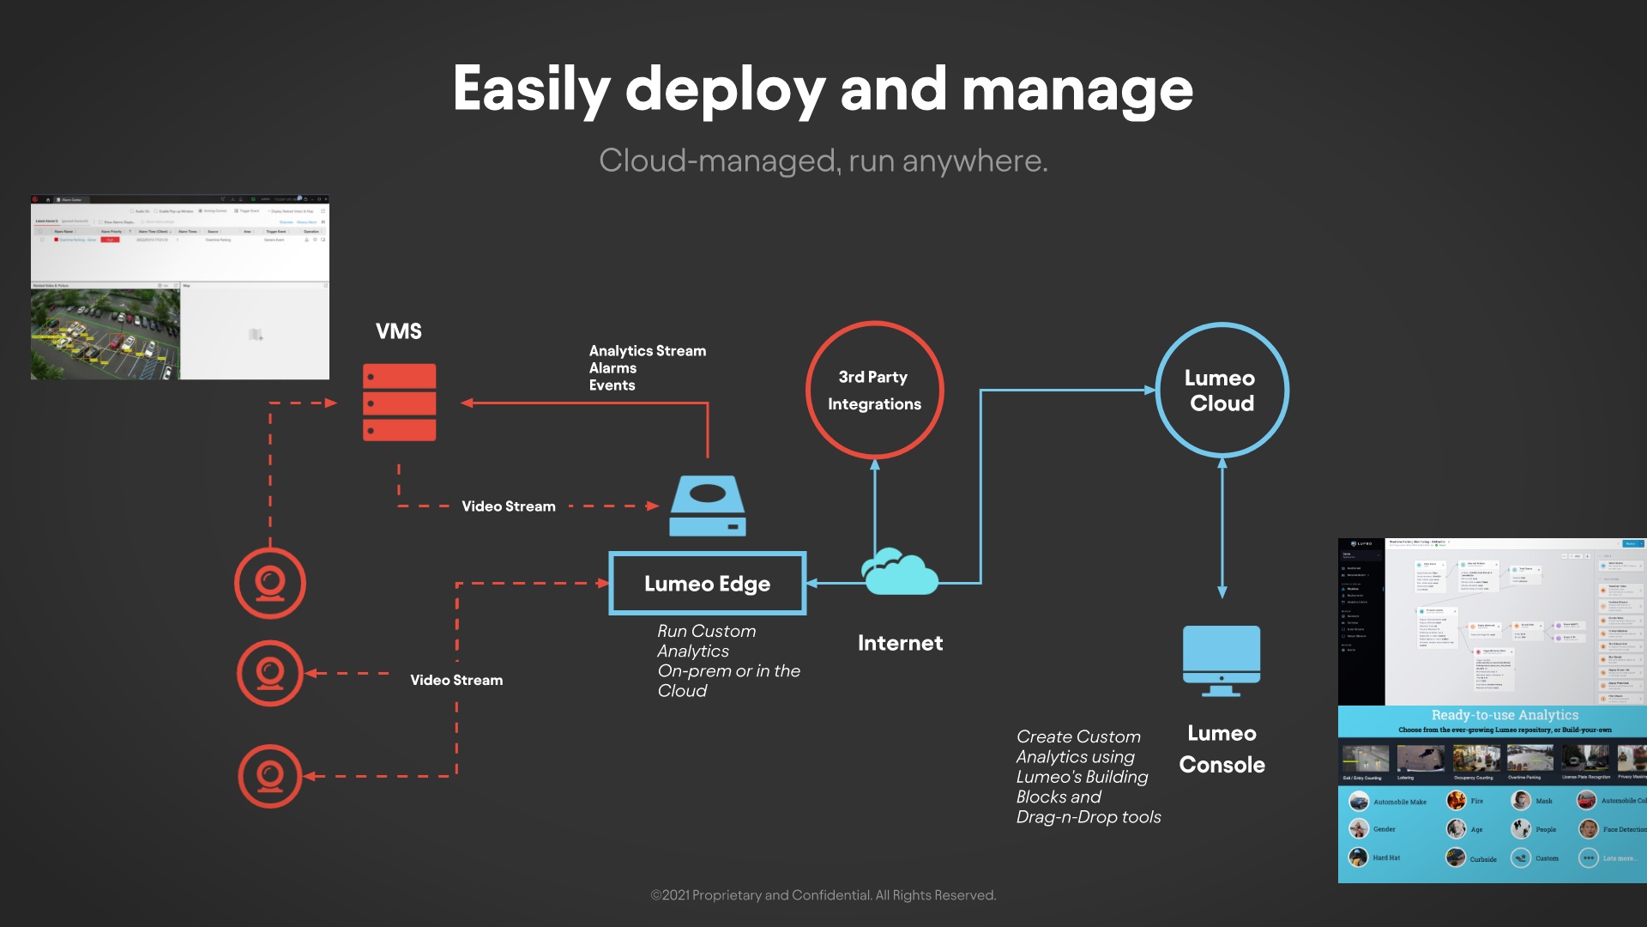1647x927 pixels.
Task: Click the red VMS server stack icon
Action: (399, 402)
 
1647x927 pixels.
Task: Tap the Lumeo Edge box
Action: (707, 584)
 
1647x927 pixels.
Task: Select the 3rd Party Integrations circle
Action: (874, 391)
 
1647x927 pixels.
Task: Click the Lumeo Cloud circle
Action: (1222, 391)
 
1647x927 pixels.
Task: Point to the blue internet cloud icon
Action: (899, 573)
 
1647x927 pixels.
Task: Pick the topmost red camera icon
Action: (270, 584)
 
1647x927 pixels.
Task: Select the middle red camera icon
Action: (270, 674)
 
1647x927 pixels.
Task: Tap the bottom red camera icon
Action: (270, 776)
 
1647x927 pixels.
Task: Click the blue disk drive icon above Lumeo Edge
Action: (708, 506)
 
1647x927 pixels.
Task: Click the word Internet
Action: (900, 643)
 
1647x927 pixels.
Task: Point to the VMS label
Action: (399, 331)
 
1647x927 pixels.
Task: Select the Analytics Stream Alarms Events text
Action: (648, 368)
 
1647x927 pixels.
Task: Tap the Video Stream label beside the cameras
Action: (456, 680)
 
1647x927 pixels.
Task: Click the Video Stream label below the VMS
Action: (509, 506)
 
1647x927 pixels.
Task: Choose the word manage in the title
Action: (1077, 89)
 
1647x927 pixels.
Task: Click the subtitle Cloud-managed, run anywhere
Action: (823, 161)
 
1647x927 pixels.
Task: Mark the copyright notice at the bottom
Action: (823, 895)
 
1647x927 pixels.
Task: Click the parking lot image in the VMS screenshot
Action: (106, 334)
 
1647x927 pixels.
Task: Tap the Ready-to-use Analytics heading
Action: (1505, 715)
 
